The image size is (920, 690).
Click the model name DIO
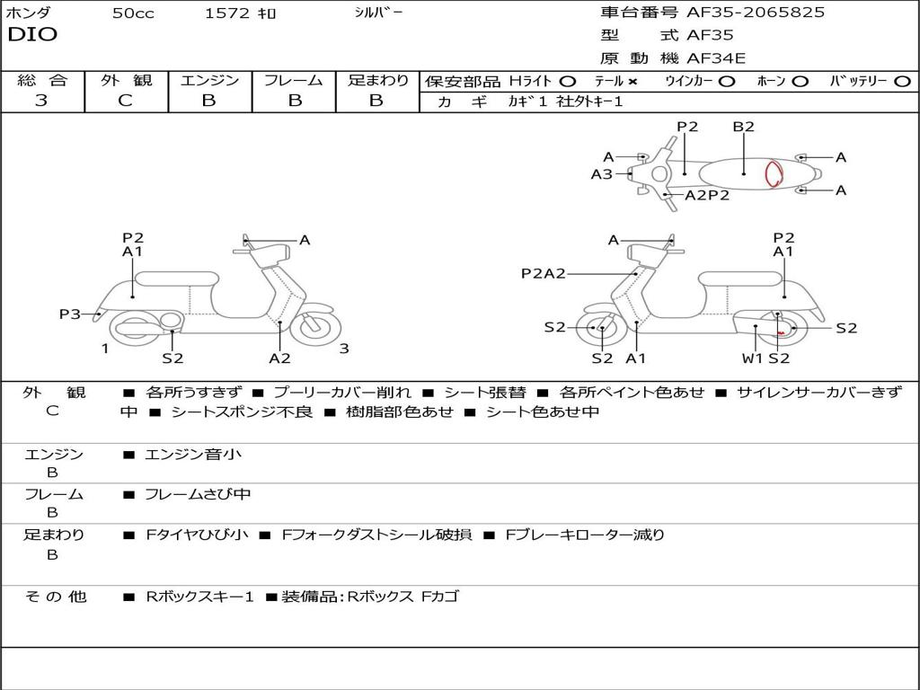pyautogui.click(x=32, y=35)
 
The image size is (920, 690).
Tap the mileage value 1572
pyautogui.click(x=228, y=13)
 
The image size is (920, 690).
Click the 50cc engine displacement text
pyautogui.click(x=133, y=13)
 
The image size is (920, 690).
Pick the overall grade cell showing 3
pyautogui.click(x=41, y=101)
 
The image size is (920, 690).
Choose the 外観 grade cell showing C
pyautogui.click(x=125, y=101)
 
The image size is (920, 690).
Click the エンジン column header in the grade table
pyautogui.click(x=209, y=80)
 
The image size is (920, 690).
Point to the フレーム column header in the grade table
pyautogui.click(x=293, y=80)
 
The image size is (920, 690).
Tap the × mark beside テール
pyautogui.click(x=632, y=81)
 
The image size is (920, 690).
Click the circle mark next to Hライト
pyautogui.click(x=567, y=81)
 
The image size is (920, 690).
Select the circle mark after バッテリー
pyautogui.click(x=902, y=81)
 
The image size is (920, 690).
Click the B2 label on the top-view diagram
pyautogui.click(x=743, y=127)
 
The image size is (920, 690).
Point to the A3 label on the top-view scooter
pyautogui.click(x=601, y=174)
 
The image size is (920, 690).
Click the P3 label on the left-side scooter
pyautogui.click(x=69, y=314)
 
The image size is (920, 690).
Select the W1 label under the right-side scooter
pyautogui.click(x=752, y=358)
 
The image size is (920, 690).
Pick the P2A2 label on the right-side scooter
pyautogui.click(x=543, y=273)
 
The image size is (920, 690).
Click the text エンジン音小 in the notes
pyautogui.click(x=193, y=455)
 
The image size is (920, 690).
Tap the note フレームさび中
pyautogui.click(x=198, y=494)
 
